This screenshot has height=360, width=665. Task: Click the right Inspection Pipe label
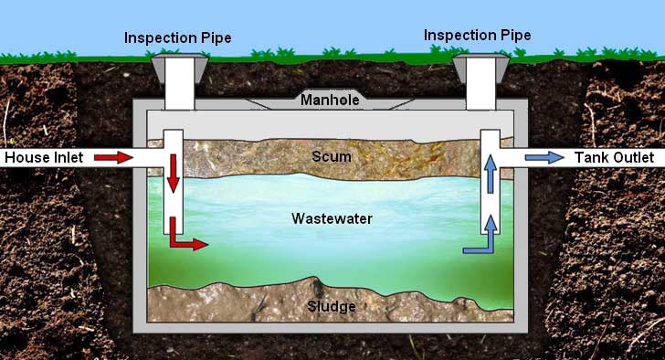(478, 35)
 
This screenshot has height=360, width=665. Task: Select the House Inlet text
(44, 158)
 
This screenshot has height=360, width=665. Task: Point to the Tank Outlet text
(614, 158)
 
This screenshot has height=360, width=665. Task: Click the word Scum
(332, 156)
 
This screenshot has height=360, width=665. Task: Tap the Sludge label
(332, 306)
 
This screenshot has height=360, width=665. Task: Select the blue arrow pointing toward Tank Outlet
(544, 158)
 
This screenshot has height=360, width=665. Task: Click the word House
(25, 158)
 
